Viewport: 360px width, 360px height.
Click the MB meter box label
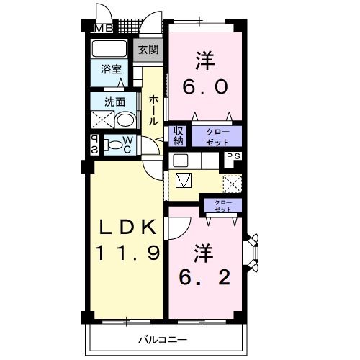pos(104,29)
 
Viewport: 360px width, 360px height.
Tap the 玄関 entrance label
pos(148,50)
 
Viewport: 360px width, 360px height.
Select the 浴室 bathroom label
pos(111,69)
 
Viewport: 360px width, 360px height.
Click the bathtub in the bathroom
pos(109,48)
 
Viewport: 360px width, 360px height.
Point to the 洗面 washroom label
pos(114,102)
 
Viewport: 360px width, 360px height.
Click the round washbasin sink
pos(126,120)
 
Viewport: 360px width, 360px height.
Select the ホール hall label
pos(153,110)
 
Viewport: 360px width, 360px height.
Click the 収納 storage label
pos(179,136)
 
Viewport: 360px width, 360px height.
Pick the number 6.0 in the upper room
pos(205,87)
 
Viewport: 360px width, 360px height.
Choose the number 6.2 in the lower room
pos(204,277)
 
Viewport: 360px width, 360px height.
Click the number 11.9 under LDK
pos(127,253)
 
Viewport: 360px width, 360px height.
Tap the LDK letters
pos(127,227)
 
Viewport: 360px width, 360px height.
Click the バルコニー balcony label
pos(163,340)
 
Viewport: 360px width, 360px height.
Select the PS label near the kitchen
pos(234,156)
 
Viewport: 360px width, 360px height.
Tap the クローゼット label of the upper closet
pos(218,137)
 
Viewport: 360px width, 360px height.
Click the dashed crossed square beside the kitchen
pos(232,184)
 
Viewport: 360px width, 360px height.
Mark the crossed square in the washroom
pos(102,120)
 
